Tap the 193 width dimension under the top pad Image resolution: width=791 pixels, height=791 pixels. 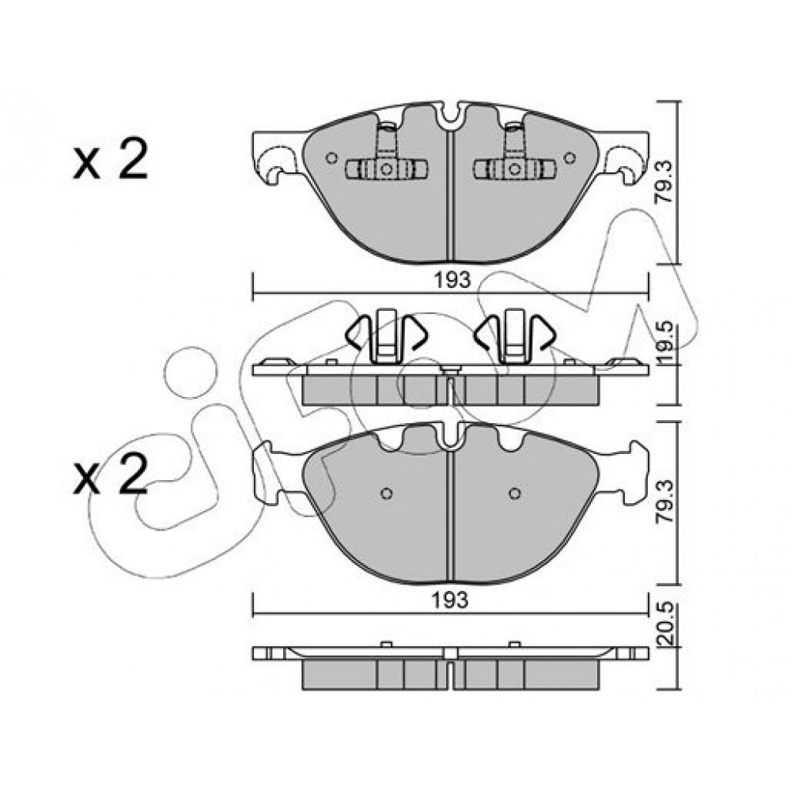pos(451,279)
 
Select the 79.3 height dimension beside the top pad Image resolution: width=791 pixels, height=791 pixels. pos(665,182)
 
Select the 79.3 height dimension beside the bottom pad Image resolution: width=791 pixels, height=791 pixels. pos(665,502)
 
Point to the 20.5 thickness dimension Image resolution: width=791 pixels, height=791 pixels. pos(665,625)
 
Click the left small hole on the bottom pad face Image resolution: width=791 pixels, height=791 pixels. pos(387,493)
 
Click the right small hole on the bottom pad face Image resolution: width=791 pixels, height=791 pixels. pos(515,493)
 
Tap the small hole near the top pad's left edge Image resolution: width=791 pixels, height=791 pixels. pos(331,158)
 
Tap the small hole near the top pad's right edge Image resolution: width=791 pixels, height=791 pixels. pos(570,158)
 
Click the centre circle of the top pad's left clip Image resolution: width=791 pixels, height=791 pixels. pos(387,169)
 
